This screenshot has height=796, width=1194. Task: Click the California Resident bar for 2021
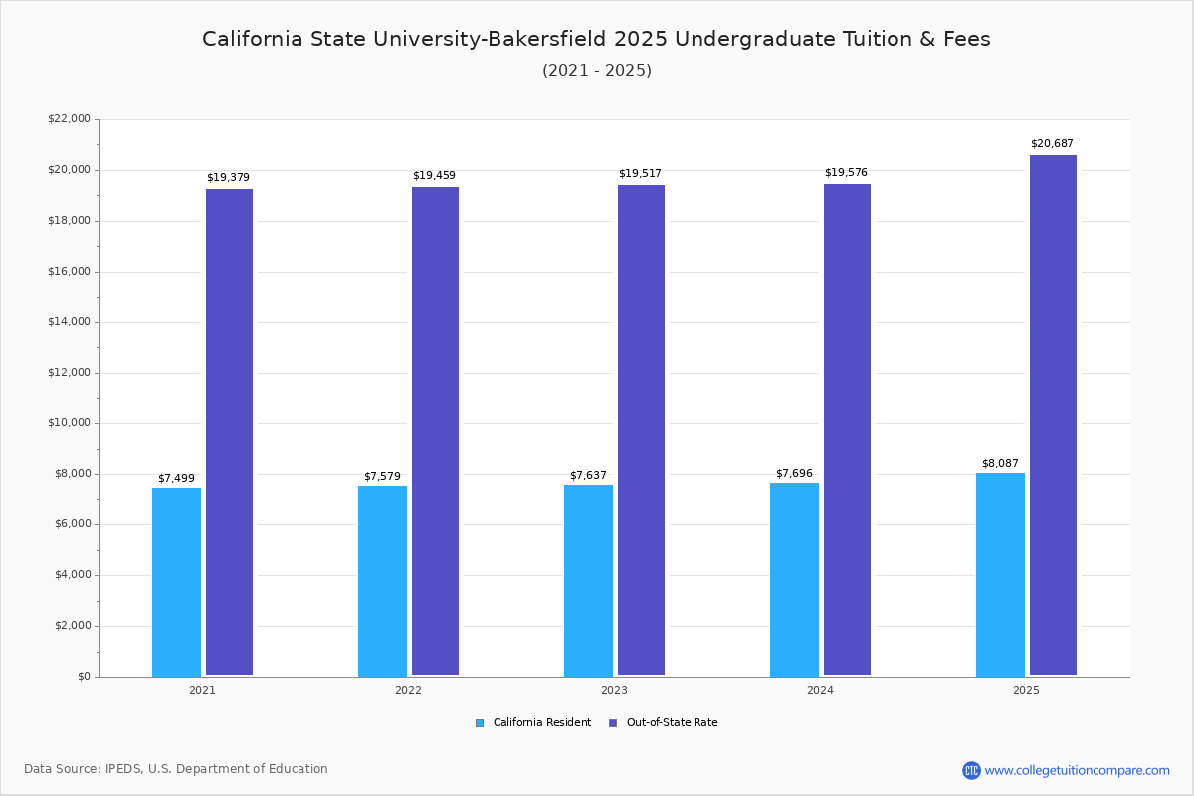coord(176,581)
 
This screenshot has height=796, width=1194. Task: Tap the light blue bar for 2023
coord(588,580)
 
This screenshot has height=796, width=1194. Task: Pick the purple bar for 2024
coord(847,429)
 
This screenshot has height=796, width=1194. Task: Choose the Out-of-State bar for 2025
coord(1053,415)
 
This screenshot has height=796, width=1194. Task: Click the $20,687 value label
coord(1052,144)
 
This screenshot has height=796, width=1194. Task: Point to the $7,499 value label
coord(176,479)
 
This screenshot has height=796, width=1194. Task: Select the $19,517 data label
coord(640,174)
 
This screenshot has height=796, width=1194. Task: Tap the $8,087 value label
coord(1000,464)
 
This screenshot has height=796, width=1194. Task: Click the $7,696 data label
coord(794,474)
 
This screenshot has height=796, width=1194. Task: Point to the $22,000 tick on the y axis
coord(69,119)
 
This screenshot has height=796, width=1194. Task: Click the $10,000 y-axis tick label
coord(69,423)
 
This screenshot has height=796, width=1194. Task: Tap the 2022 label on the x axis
coord(408,690)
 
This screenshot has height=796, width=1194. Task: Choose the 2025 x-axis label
coord(1026,690)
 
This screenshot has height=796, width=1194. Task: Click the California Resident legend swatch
coord(480,723)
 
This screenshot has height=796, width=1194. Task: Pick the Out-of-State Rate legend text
coord(672,723)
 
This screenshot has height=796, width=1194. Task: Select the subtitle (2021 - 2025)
coord(597,71)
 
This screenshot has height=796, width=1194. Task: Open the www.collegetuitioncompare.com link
coord(1077,770)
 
